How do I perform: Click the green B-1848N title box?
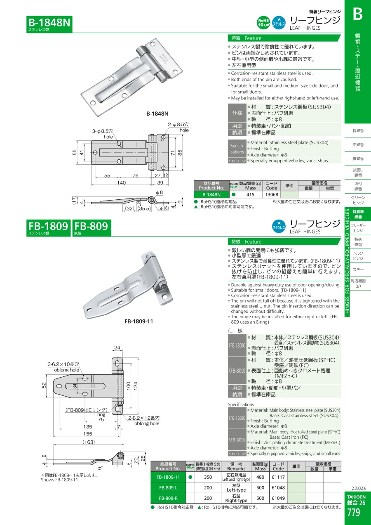49,24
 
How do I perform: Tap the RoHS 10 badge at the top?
263,23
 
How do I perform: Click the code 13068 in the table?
272,194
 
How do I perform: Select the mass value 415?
250,194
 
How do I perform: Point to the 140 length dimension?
122,182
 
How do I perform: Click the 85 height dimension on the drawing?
180,153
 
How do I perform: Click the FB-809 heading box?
92,228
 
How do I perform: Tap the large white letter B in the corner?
358,14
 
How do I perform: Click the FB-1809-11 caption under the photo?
139,322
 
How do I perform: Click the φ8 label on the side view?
160,193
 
